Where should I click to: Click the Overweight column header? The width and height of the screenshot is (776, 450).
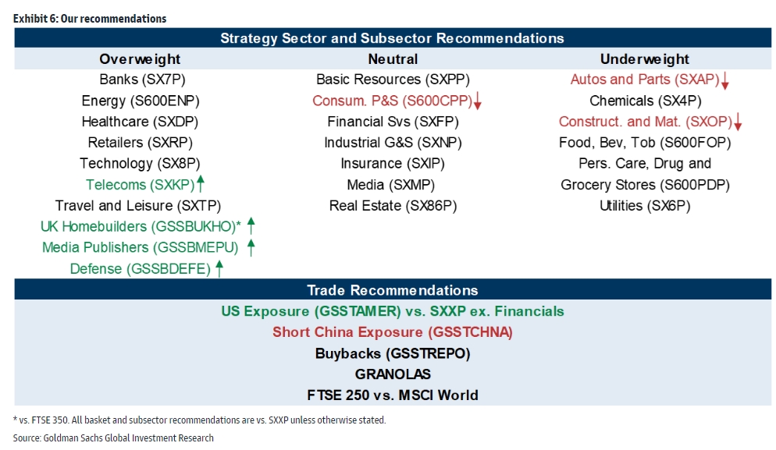click(x=140, y=59)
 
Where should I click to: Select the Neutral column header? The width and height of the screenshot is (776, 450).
click(x=393, y=59)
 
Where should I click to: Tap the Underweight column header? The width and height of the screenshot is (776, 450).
click(x=644, y=59)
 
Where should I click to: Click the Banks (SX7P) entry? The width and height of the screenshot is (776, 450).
click(x=143, y=80)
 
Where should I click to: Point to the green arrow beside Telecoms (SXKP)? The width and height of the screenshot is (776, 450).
click(x=201, y=183)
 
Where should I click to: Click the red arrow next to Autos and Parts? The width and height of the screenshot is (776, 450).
click(x=725, y=80)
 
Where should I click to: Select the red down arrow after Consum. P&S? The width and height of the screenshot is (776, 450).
click(x=478, y=101)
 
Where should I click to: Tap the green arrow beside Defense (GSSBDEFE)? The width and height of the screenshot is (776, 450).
click(x=219, y=268)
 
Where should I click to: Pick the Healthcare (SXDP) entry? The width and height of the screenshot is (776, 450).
click(x=140, y=122)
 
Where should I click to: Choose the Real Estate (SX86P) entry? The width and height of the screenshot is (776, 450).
click(x=393, y=206)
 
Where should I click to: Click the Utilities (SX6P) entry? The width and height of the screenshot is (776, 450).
click(x=645, y=206)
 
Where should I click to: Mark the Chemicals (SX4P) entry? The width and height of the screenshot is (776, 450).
click(x=646, y=101)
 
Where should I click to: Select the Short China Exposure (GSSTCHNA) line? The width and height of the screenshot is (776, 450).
click(x=393, y=332)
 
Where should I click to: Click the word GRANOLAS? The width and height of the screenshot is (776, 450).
click(x=393, y=374)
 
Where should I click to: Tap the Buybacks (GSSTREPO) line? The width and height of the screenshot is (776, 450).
click(x=393, y=353)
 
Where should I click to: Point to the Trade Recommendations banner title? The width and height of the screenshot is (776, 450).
click(x=393, y=290)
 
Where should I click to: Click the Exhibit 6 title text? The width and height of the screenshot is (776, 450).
click(x=90, y=19)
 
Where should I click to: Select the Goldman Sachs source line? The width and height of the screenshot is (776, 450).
click(x=113, y=438)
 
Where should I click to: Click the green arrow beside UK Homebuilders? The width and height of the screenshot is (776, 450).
click(x=251, y=226)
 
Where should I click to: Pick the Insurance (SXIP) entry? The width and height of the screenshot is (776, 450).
click(x=393, y=164)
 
